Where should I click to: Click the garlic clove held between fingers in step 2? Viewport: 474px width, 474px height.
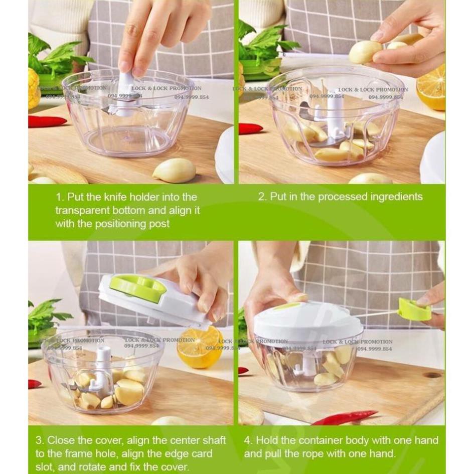365,52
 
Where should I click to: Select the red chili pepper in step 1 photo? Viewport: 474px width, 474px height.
47,121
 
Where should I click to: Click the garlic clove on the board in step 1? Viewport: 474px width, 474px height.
174,171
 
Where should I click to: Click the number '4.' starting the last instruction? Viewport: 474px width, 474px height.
248,440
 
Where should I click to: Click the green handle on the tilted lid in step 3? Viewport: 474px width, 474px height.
138,288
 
